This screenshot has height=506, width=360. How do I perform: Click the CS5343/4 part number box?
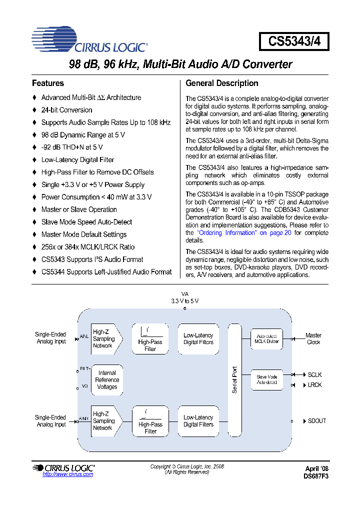[x=293, y=41]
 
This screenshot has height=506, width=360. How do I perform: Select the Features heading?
[x=48, y=83]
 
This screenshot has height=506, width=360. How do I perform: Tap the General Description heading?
[x=221, y=83]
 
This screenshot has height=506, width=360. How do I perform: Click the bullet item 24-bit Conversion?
[x=66, y=110]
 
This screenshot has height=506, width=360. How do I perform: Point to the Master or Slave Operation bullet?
[x=79, y=209]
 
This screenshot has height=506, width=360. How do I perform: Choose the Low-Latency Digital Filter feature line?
[x=77, y=160]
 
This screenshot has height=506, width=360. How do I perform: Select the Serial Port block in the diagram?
[x=235, y=380]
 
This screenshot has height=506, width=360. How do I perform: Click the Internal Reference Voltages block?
[x=107, y=380]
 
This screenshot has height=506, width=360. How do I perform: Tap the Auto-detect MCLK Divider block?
[x=266, y=338]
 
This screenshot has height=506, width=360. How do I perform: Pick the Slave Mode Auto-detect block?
[x=266, y=379]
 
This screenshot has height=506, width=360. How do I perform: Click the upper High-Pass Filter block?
[x=150, y=339]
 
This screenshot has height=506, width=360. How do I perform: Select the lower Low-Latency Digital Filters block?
[x=198, y=421]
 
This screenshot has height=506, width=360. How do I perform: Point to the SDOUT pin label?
[x=316, y=421]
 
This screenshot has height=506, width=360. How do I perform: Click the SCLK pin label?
[x=314, y=374]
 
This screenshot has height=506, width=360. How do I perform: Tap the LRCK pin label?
[x=314, y=385]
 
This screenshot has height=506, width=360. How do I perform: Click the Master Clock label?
[x=313, y=339]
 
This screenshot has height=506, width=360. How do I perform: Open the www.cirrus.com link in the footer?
[x=68, y=474]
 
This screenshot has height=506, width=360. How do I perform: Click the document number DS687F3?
[x=316, y=476]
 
